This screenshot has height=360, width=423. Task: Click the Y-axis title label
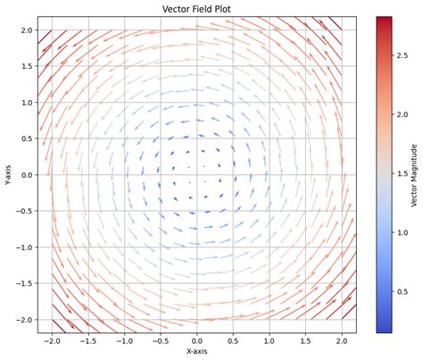pos(7,174)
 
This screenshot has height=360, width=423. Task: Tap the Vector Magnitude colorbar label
pos(415,174)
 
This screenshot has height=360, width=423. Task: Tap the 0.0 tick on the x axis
pos(196,340)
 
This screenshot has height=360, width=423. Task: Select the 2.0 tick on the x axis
pos(342,340)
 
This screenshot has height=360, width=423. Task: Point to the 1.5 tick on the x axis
pos(305,340)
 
